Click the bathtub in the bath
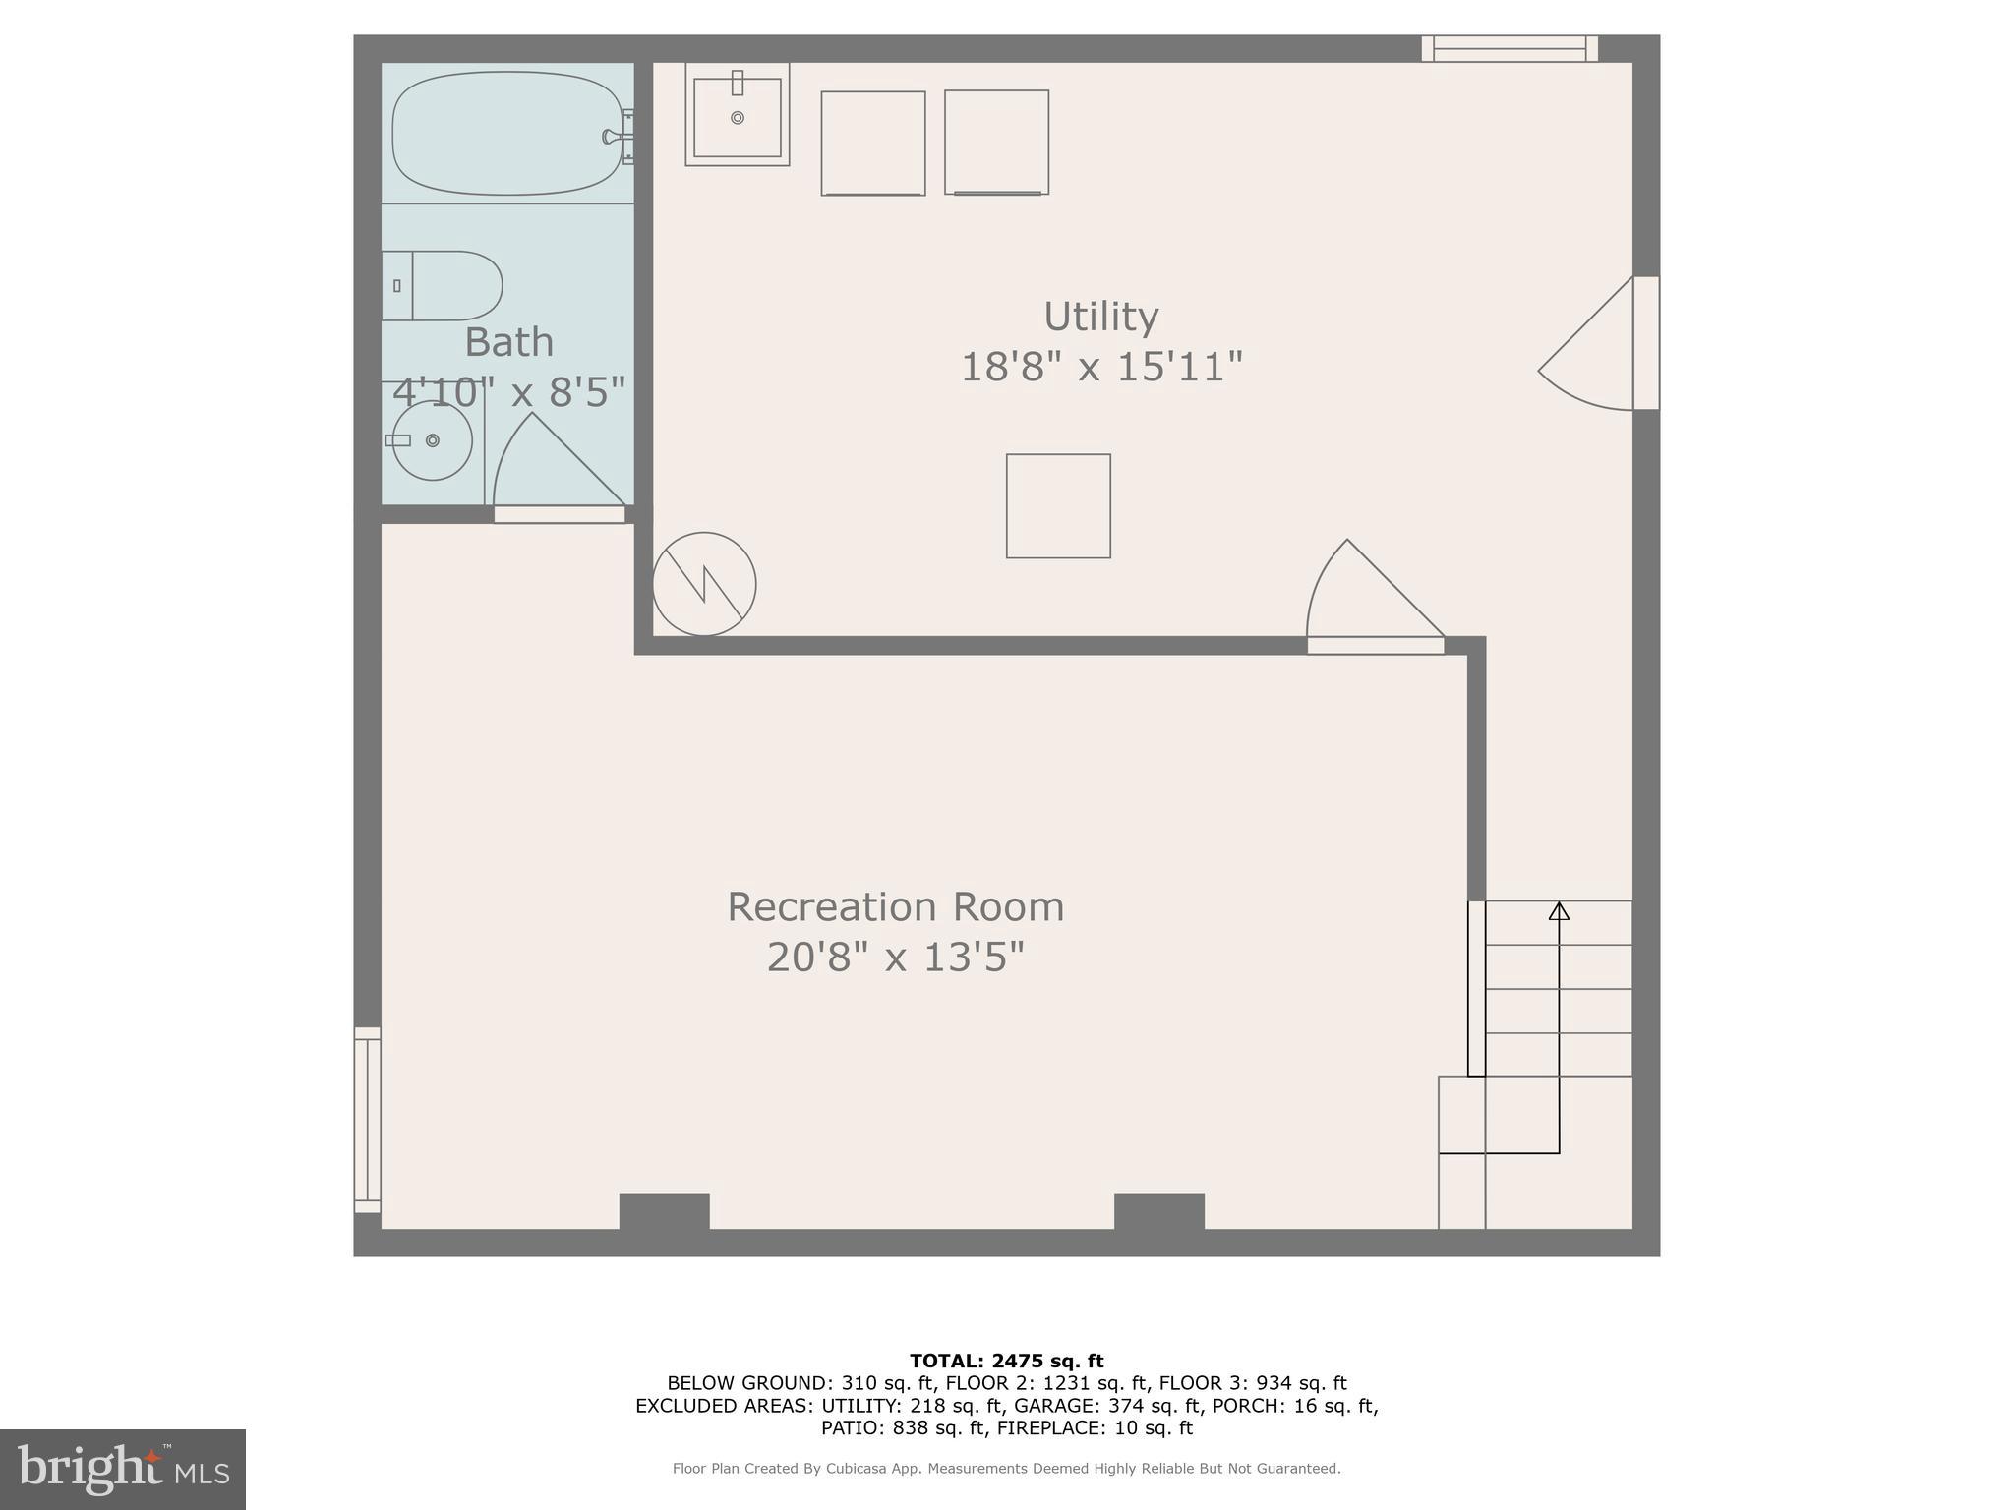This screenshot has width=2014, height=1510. click(506, 133)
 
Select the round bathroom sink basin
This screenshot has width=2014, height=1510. click(433, 440)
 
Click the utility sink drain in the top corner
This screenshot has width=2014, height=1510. click(738, 118)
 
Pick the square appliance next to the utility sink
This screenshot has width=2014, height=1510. click(873, 144)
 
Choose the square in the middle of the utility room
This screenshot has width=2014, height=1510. click(1058, 506)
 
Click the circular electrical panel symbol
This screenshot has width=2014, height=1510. click(704, 584)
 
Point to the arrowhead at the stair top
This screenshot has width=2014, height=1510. click(1559, 911)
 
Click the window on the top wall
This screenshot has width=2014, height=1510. click(1510, 48)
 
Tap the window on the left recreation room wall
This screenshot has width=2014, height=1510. click(367, 1119)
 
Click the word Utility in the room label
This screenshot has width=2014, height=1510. click(1101, 317)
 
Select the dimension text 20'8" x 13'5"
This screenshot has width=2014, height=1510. click(895, 957)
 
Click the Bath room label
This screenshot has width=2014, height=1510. click(508, 342)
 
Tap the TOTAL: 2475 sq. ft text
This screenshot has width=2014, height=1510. click(1006, 1361)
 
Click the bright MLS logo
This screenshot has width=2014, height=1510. click(122, 1469)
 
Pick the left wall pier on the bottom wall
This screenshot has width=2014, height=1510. click(664, 1211)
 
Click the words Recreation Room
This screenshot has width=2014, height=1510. click(895, 906)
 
